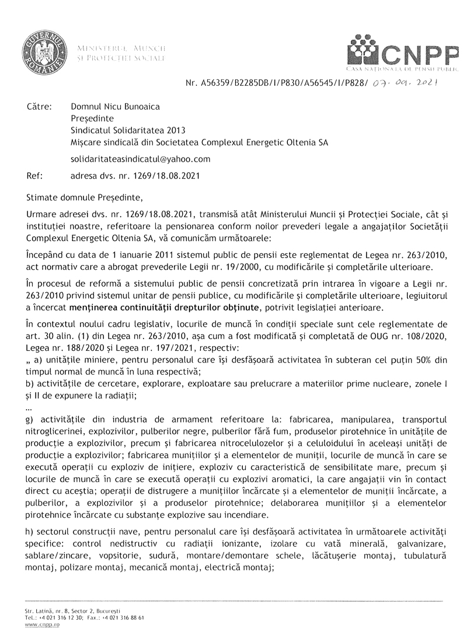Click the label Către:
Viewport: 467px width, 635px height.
(40, 107)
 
